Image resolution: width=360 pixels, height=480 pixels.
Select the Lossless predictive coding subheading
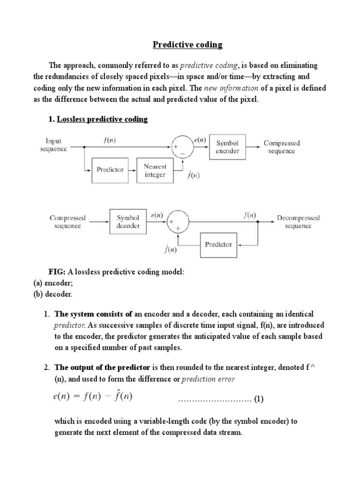coord(102,119)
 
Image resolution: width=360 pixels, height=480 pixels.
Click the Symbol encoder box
coord(227,147)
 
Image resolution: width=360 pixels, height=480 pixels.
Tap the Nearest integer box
coord(155,170)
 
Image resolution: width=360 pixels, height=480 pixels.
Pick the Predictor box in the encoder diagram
coord(110,170)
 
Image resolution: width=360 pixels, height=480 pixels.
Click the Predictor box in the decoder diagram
coord(218,244)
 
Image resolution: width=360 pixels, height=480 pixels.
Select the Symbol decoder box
coord(128,222)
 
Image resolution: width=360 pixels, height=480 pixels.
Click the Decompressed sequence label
coord(298,222)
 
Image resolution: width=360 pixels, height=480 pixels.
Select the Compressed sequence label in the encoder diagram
coord(282,147)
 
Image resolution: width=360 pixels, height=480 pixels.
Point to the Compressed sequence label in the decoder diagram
coord(67,222)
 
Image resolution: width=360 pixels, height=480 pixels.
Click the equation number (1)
coord(259,399)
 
